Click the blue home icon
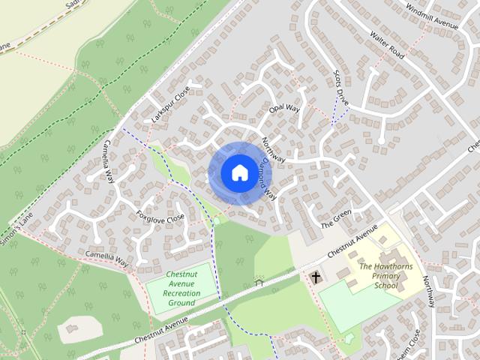click(x=238, y=172)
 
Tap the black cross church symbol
click(x=316, y=277)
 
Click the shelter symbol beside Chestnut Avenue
click(x=259, y=283)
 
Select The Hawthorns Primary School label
click(x=386, y=276)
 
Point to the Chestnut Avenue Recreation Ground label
click(x=181, y=289)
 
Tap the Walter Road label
click(x=387, y=47)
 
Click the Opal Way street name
click(x=284, y=110)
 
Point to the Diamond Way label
click(x=268, y=180)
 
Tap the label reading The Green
click(x=336, y=219)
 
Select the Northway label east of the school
click(x=428, y=291)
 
